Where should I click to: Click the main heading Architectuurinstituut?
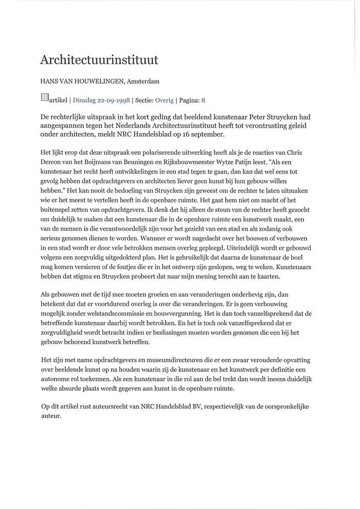pyautogui.click(x=99, y=60)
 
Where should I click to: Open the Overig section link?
pyautogui.click(x=164, y=100)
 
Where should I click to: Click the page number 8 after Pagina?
pyautogui.click(x=203, y=100)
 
